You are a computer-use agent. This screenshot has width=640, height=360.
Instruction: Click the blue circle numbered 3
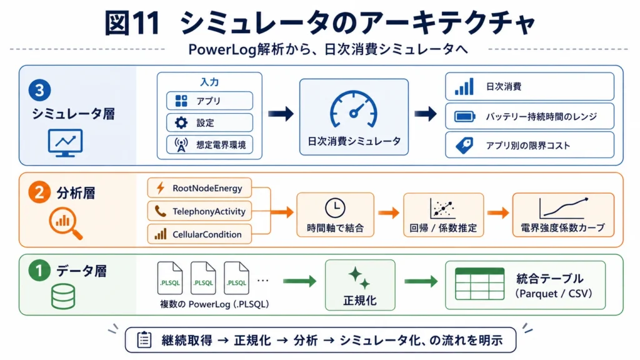pyautogui.click(x=39, y=90)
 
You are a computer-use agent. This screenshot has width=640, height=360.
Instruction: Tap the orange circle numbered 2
pyautogui.click(x=39, y=192)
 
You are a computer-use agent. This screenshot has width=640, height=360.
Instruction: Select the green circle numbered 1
pyautogui.click(x=39, y=271)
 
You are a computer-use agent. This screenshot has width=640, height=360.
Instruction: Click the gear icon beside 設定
pyautogui.click(x=181, y=122)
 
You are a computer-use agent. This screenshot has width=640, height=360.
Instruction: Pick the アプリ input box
pyautogui.click(x=209, y=101)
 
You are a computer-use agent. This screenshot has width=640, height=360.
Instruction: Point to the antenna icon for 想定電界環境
pyautogui.click(x=181, y=144)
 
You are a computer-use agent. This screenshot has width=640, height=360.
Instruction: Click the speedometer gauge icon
pyautogui.click(x=354, y=109)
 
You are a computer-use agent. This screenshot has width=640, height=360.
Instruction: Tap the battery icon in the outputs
pyautogui.click(x=465, y=117)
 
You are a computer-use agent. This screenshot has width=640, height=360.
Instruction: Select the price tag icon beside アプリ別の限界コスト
pyautogui.click(x=464, y=145)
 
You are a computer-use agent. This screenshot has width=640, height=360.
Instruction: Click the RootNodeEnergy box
pyautogui.click(x=199, y=188)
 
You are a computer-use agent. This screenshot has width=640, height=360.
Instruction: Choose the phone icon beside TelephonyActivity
pyautogui.click(x=161, y=211)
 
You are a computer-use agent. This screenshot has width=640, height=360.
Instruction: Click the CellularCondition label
pyautogui.click(x=207, y=234)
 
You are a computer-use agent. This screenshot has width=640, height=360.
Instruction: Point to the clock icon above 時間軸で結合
pyautogui.click(x=335, y=207)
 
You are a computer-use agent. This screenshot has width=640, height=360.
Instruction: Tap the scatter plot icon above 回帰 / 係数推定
pyautogui.click(x=442, y=208)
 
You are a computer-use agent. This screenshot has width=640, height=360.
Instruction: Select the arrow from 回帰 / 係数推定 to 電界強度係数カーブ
pyautogui.click(x=498, y=212)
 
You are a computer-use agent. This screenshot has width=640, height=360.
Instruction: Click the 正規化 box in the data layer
pyautogui.click(x=360, y=285)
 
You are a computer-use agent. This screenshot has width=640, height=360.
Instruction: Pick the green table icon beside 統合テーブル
pyautogui.click(x=479, y=284)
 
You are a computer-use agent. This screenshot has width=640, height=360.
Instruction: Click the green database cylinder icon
pyautogui.click(x=63, y=296)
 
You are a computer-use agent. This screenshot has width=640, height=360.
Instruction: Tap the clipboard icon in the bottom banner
pyautogui.click(x=144, y=339)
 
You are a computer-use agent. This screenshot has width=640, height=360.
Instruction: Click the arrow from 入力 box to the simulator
pyautogui.click(x=281, y=114)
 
